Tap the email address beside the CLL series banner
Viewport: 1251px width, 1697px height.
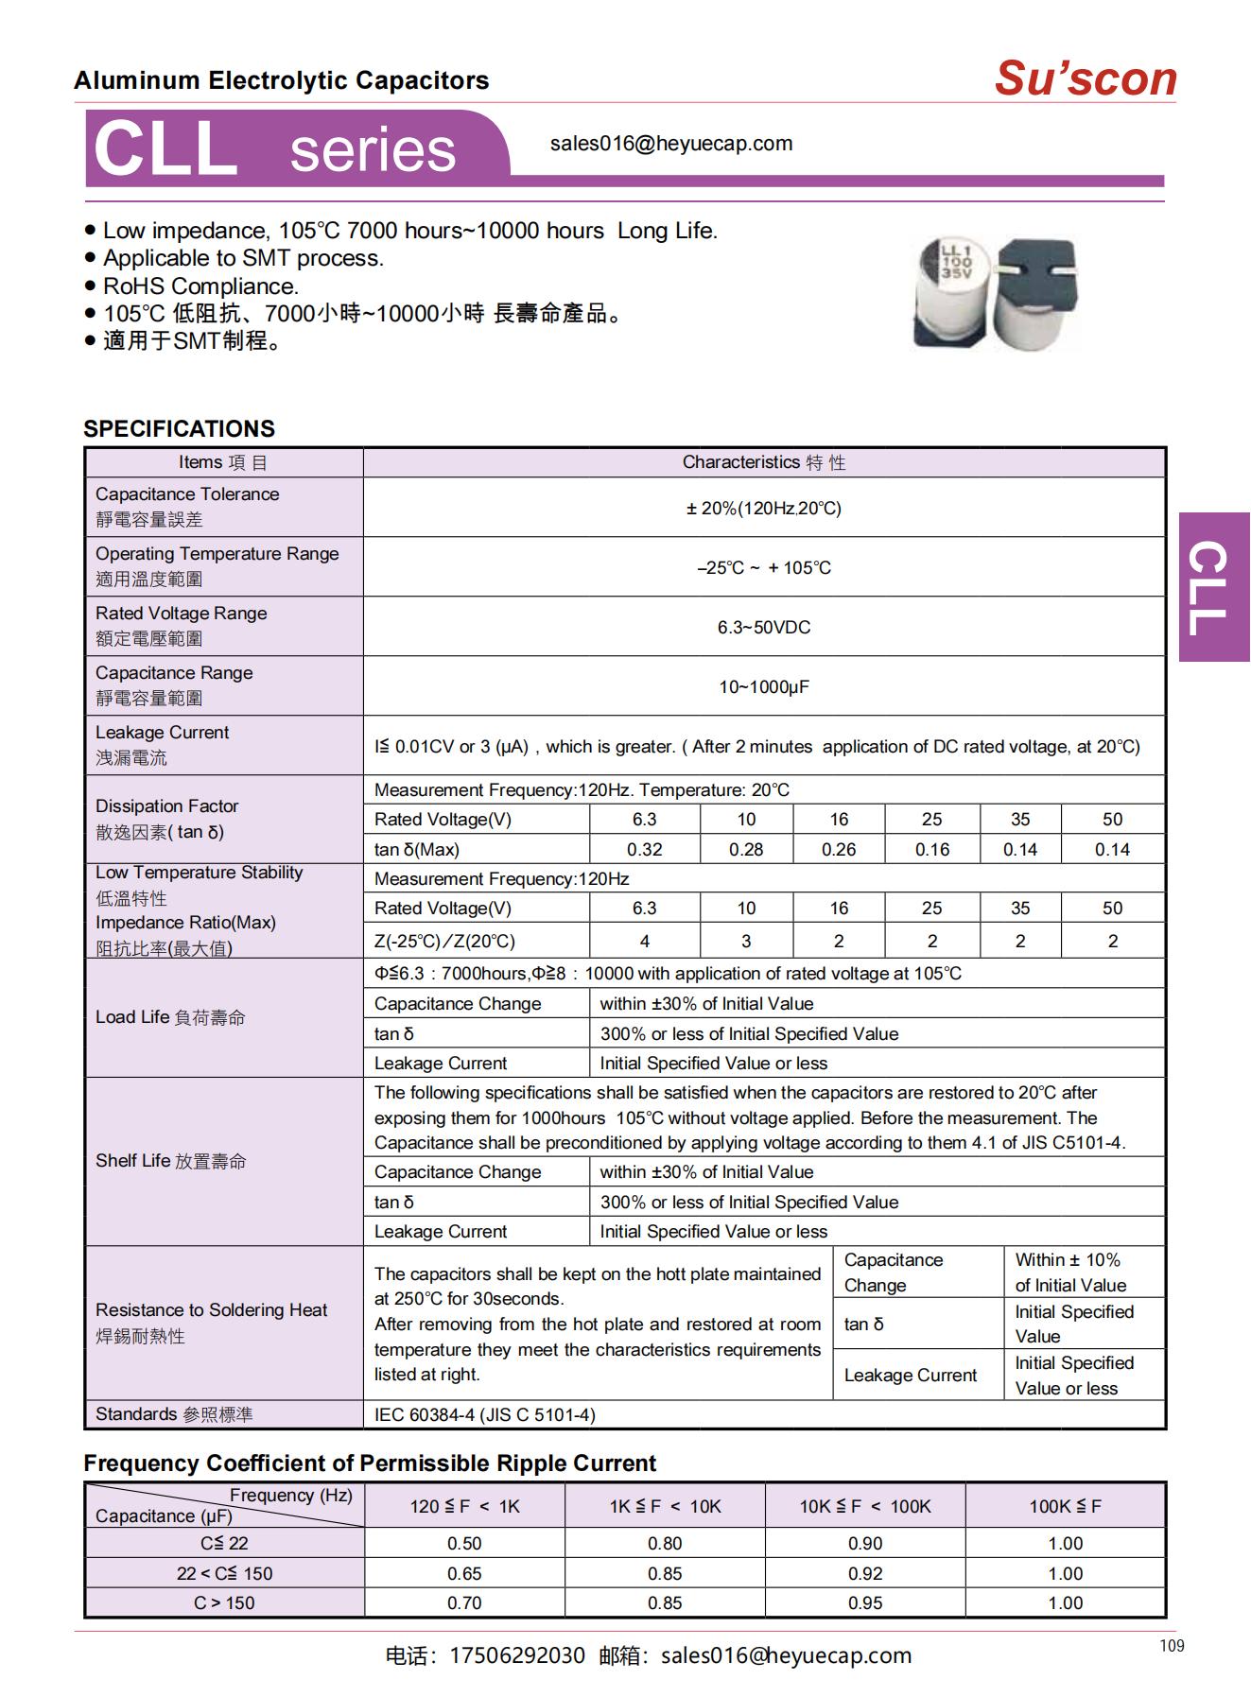[x=671, y=144]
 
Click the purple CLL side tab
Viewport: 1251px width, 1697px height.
[x=1214, y=587]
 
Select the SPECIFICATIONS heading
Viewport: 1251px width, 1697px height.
[x=179, y=428]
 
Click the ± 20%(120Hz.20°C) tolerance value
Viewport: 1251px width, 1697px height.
[x=763, y=508]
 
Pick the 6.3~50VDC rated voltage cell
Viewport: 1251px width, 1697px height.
[x=763, y=627]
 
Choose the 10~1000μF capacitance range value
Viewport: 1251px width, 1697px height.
[x=763, y=686]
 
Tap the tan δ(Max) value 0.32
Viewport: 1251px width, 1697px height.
[x=644, y=849]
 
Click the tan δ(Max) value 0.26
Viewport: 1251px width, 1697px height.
[x=839, y=849]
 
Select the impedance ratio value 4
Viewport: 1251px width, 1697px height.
[x=644, y=941]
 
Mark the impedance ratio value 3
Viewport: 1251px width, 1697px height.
[x=746, y=941]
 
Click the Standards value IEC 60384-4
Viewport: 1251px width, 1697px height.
[x=484, y=1414]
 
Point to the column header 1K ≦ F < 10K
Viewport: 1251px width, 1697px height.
[x=665, y=1506]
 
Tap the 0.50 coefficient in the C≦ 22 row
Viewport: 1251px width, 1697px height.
[x=464, y=1543]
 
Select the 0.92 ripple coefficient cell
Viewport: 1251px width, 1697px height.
[x=864, y=1573]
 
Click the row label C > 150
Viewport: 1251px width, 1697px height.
[x=224, y=1602]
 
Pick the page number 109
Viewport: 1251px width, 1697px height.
[x=1172, y=1646]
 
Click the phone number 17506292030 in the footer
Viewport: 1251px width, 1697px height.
[x=516, y=1655]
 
